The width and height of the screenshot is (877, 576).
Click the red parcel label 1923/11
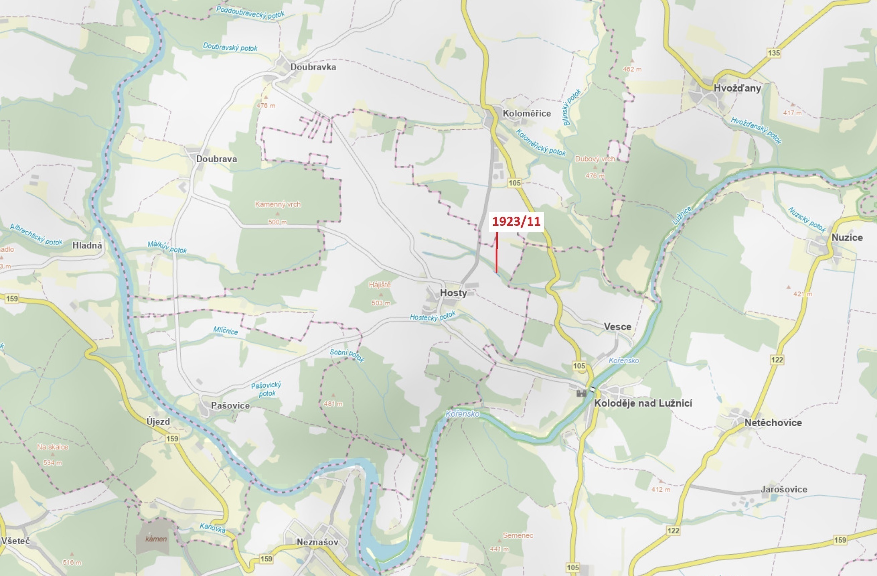516,221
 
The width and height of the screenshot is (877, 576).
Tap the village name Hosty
453,293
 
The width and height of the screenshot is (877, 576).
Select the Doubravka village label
313,67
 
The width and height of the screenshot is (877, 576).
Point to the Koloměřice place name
527,114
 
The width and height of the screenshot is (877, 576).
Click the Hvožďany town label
737,88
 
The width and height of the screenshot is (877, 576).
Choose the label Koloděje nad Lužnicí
643,403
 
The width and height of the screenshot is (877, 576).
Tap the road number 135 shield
774,53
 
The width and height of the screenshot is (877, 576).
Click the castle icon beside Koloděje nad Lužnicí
581,393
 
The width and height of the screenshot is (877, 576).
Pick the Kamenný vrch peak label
278,204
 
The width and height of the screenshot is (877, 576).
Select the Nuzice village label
847,238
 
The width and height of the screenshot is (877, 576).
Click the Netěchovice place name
773,423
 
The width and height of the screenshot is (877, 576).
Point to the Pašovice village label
230,406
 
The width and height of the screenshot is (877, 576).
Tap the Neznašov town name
317,542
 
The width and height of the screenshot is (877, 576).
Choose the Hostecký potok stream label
432,316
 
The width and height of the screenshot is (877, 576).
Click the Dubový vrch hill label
595,159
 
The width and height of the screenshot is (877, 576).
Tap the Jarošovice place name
784,489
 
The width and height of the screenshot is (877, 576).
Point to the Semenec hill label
518,535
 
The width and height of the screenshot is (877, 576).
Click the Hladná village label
87,245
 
